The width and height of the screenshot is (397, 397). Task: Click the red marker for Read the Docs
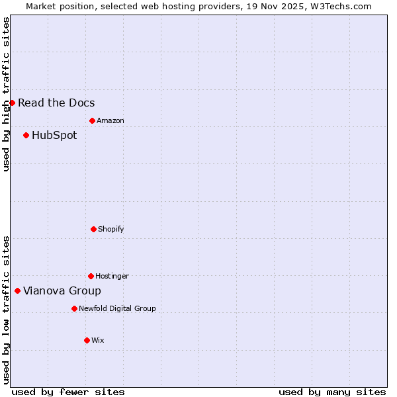coord(12,103)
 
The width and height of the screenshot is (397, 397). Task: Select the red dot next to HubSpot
coord(26,135)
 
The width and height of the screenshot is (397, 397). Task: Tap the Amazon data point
coord(92,120)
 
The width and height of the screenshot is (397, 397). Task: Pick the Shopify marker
coord(93,229)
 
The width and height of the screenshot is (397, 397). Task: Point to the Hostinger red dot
coord(91,276)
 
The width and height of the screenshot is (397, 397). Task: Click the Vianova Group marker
coord(17,290)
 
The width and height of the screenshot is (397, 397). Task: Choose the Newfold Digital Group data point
coord(74,308)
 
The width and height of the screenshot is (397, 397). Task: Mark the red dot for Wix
coord(87,340)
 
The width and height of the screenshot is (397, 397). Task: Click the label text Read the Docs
coord(56,103)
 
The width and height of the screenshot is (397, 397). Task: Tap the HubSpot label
coord(54,135)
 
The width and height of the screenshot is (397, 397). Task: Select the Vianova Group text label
coord(62,290)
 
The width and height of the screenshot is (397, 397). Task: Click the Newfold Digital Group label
coord(117,308)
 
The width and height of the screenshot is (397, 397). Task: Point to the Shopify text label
coord(110,229)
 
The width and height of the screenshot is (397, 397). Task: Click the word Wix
coord(97,340)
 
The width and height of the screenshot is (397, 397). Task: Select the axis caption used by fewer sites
coord(68,392)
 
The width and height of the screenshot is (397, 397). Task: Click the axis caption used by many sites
coord(332,392)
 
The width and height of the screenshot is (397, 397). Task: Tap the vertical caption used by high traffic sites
coord(6,94)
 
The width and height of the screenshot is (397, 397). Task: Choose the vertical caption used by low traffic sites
coord(6,310)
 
